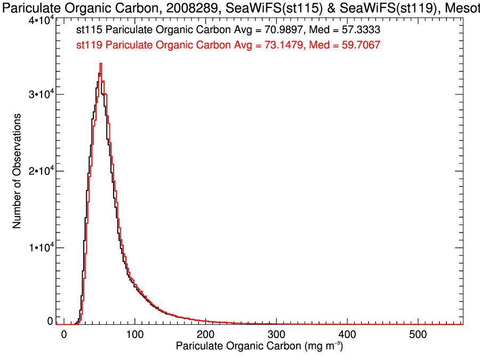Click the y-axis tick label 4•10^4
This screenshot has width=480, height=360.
click(40, 21)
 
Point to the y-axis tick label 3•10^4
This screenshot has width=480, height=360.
click(40, 94)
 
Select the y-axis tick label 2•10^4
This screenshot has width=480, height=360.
click(40, 171)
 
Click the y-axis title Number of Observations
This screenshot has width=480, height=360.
click(17, 171)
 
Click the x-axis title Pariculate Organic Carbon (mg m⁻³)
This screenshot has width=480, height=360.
click(259, 347)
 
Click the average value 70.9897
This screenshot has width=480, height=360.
click(278, 30)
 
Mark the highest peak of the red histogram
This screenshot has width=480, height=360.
click(100, 63)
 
